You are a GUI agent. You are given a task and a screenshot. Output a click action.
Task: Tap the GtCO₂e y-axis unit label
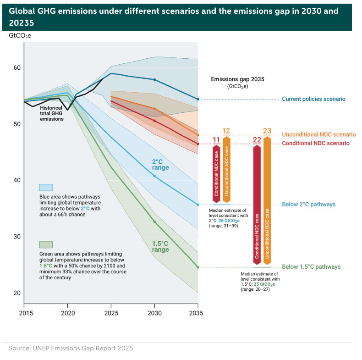click(x=20, y=35)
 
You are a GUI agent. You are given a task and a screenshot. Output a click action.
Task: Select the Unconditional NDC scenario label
click(x=318, y=135)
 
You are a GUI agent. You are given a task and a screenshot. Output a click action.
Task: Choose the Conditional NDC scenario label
click(x=315, y=144)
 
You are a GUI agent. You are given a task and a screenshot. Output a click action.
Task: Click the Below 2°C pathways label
click(x=308, y=205)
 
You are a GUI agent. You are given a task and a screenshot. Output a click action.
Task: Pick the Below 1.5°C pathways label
click(x=311, y=267)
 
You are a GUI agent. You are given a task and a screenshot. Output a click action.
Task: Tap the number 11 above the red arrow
click(x=216, y=140)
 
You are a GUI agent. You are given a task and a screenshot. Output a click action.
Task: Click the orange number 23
click(x=268, y=132)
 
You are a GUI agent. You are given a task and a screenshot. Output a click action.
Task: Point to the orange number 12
click(x=226, y=132)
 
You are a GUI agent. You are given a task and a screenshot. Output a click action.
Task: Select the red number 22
click(x=257, y=140)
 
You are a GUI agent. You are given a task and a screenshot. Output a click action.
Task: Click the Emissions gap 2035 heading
click(x=237, y=79)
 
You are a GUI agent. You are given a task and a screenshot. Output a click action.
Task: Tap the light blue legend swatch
click(x=46, y=187)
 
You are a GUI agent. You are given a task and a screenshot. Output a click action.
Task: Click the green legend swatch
click(x=46, y=244)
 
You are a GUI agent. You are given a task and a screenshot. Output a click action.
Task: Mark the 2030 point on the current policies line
click(x=154, y=80)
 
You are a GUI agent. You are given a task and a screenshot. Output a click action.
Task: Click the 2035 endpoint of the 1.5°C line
click(x=198, y=267)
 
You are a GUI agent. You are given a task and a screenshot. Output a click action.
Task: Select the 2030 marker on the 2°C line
click(x=154, y=176)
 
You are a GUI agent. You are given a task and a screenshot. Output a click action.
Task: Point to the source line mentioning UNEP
click(x=71, y=349)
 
